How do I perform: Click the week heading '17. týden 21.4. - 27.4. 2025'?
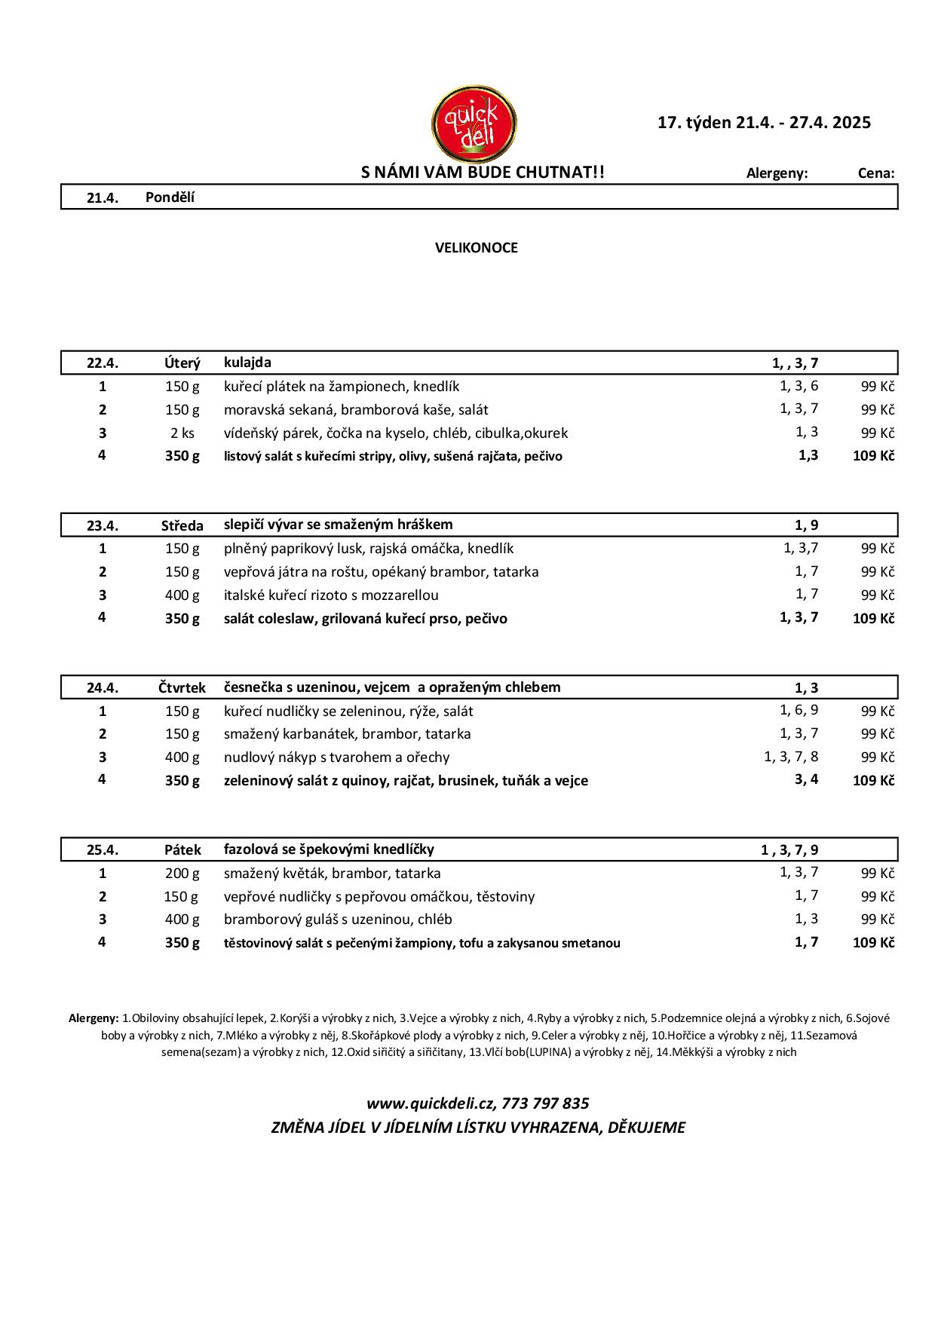tap(764, 122)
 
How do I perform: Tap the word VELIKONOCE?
tap(476, 247)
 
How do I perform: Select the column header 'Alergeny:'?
tap(777, 173)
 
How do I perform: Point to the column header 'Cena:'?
tap(876, 173)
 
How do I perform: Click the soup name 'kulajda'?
tap(247, 363)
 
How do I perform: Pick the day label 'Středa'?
tap(182, 525)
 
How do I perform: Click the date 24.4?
tap(103, 687)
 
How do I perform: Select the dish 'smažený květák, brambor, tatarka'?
tap(332, 873)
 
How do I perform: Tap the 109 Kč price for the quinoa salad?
tap(873, 780)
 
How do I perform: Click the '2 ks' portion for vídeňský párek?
tap(182, 433)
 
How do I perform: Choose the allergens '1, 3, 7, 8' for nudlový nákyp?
tap(791, 756)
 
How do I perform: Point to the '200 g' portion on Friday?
tap(182, 873)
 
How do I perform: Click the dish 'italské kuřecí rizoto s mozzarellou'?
tap(331, 595)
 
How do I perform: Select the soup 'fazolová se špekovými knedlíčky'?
tap(329, 849)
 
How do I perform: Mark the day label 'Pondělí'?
tap(170, 197)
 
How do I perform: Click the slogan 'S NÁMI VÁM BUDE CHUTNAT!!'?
tap(483, 173)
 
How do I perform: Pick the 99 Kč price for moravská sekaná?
tap(878, 409)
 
